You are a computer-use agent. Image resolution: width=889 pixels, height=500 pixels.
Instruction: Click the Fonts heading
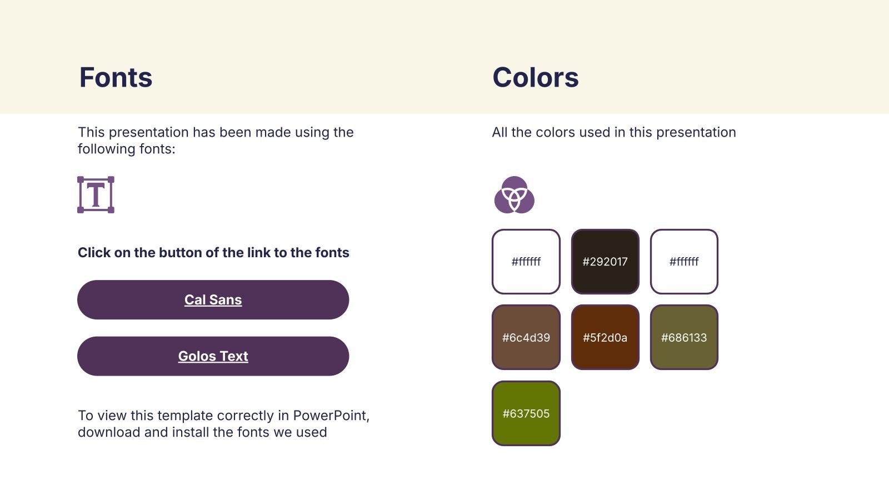[x=116, y=77]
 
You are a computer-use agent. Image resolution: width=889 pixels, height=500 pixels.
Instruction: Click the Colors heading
[x=536, y=77]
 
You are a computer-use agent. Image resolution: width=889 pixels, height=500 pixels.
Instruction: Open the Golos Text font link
[x=213, y=356]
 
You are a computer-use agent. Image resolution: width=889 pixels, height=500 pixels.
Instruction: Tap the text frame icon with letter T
[x=96, y=195]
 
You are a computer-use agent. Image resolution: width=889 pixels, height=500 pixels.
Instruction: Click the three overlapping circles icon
[x=515, y=195]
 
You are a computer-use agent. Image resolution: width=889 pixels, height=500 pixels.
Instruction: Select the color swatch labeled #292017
[x=605, y=262]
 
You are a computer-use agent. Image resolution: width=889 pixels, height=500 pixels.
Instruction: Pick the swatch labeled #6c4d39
[x=526, y=337]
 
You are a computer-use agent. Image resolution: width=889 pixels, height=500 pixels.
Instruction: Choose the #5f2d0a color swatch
[x=605, y=337]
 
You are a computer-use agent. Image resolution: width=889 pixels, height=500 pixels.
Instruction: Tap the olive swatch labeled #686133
[x=684, y=337]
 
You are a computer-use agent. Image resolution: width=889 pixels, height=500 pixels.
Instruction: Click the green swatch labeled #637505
[x=526, y=413]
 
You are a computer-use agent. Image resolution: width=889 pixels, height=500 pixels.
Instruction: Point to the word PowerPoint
[x=331, y=416]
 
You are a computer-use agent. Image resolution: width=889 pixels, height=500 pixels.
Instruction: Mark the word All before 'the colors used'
[x=500, y=132]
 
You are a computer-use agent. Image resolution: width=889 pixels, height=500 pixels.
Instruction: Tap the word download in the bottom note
[x=109, y=432]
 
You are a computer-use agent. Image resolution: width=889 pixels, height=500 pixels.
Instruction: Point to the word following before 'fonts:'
[x=106, y=149]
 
